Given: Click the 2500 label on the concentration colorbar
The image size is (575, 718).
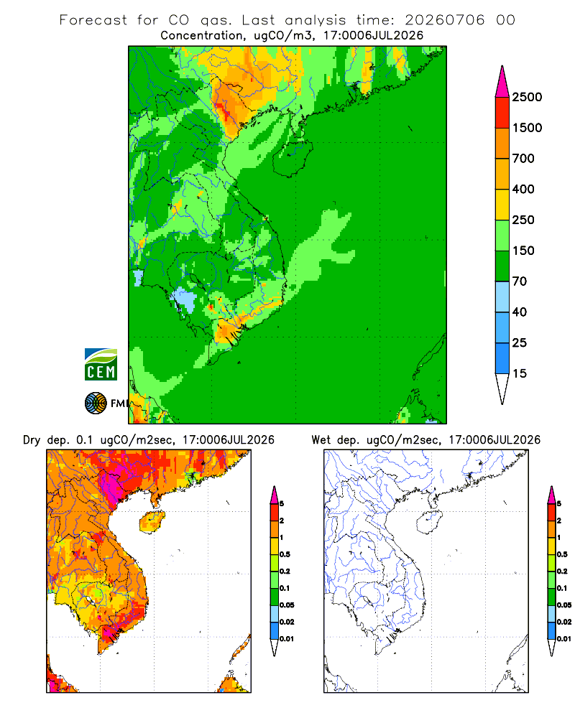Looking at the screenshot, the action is point(527,97).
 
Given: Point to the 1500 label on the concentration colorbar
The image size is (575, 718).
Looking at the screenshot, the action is point(527,128).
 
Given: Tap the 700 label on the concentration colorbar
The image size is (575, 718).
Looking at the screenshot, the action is point(523,159).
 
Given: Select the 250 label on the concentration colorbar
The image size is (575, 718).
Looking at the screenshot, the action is point(523,220).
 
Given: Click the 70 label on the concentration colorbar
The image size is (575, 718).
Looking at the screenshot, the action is point(520,281).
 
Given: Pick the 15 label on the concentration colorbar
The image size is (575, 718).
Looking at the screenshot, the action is point(520,373).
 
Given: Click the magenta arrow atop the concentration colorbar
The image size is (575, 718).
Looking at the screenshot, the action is point(502,82).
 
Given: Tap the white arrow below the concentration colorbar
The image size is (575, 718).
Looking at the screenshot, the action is point(502,388).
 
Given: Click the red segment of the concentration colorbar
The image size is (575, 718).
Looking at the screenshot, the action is point(502,113).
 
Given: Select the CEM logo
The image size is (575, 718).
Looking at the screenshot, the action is point(101,365).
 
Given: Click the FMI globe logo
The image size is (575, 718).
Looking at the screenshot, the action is point(96,404).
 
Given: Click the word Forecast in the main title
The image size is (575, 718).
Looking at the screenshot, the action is point(93,20).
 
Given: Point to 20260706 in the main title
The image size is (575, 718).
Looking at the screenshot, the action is point(444,20).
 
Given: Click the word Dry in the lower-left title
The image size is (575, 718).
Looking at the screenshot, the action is point(32,440).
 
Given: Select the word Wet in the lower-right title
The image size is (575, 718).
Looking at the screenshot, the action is point(321,440).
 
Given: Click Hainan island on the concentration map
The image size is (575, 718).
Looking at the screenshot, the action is point(293,157).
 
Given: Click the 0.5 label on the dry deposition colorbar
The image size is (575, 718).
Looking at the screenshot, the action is point(285,554).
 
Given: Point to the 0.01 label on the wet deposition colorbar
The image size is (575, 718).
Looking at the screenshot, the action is point(564,639).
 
